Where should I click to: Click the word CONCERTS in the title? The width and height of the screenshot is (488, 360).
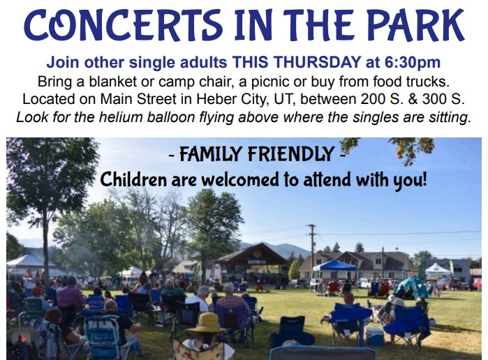(x=124, y=24)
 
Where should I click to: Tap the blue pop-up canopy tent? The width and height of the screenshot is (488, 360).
(x=334, y=266)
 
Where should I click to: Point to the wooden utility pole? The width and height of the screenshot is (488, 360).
(x=312, y=252)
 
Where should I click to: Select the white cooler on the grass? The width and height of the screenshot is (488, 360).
(x=375, y=337)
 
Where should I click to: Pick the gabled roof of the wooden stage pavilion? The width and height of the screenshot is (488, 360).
(x=253, y=253)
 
